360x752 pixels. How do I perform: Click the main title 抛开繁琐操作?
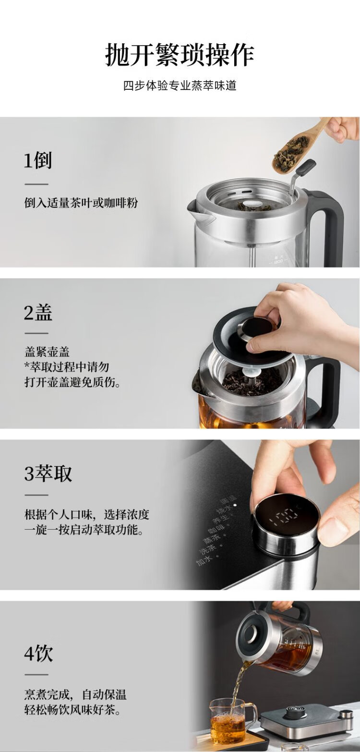(x=180, y=55)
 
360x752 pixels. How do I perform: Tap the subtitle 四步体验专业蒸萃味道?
(x=180, y=85)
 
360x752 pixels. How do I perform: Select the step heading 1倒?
(x=38, y=160)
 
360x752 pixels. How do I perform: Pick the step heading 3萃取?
(x=48, y=473)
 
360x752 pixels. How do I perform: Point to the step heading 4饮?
(x=38, y=653)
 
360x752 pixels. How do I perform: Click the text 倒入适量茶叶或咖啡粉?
(x=81, y=203)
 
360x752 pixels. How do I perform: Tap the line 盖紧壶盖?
(x=47, y=352)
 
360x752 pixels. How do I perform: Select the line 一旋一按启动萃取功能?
(x=84, y=530)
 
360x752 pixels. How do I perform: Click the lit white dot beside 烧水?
(x=235, y=505)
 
